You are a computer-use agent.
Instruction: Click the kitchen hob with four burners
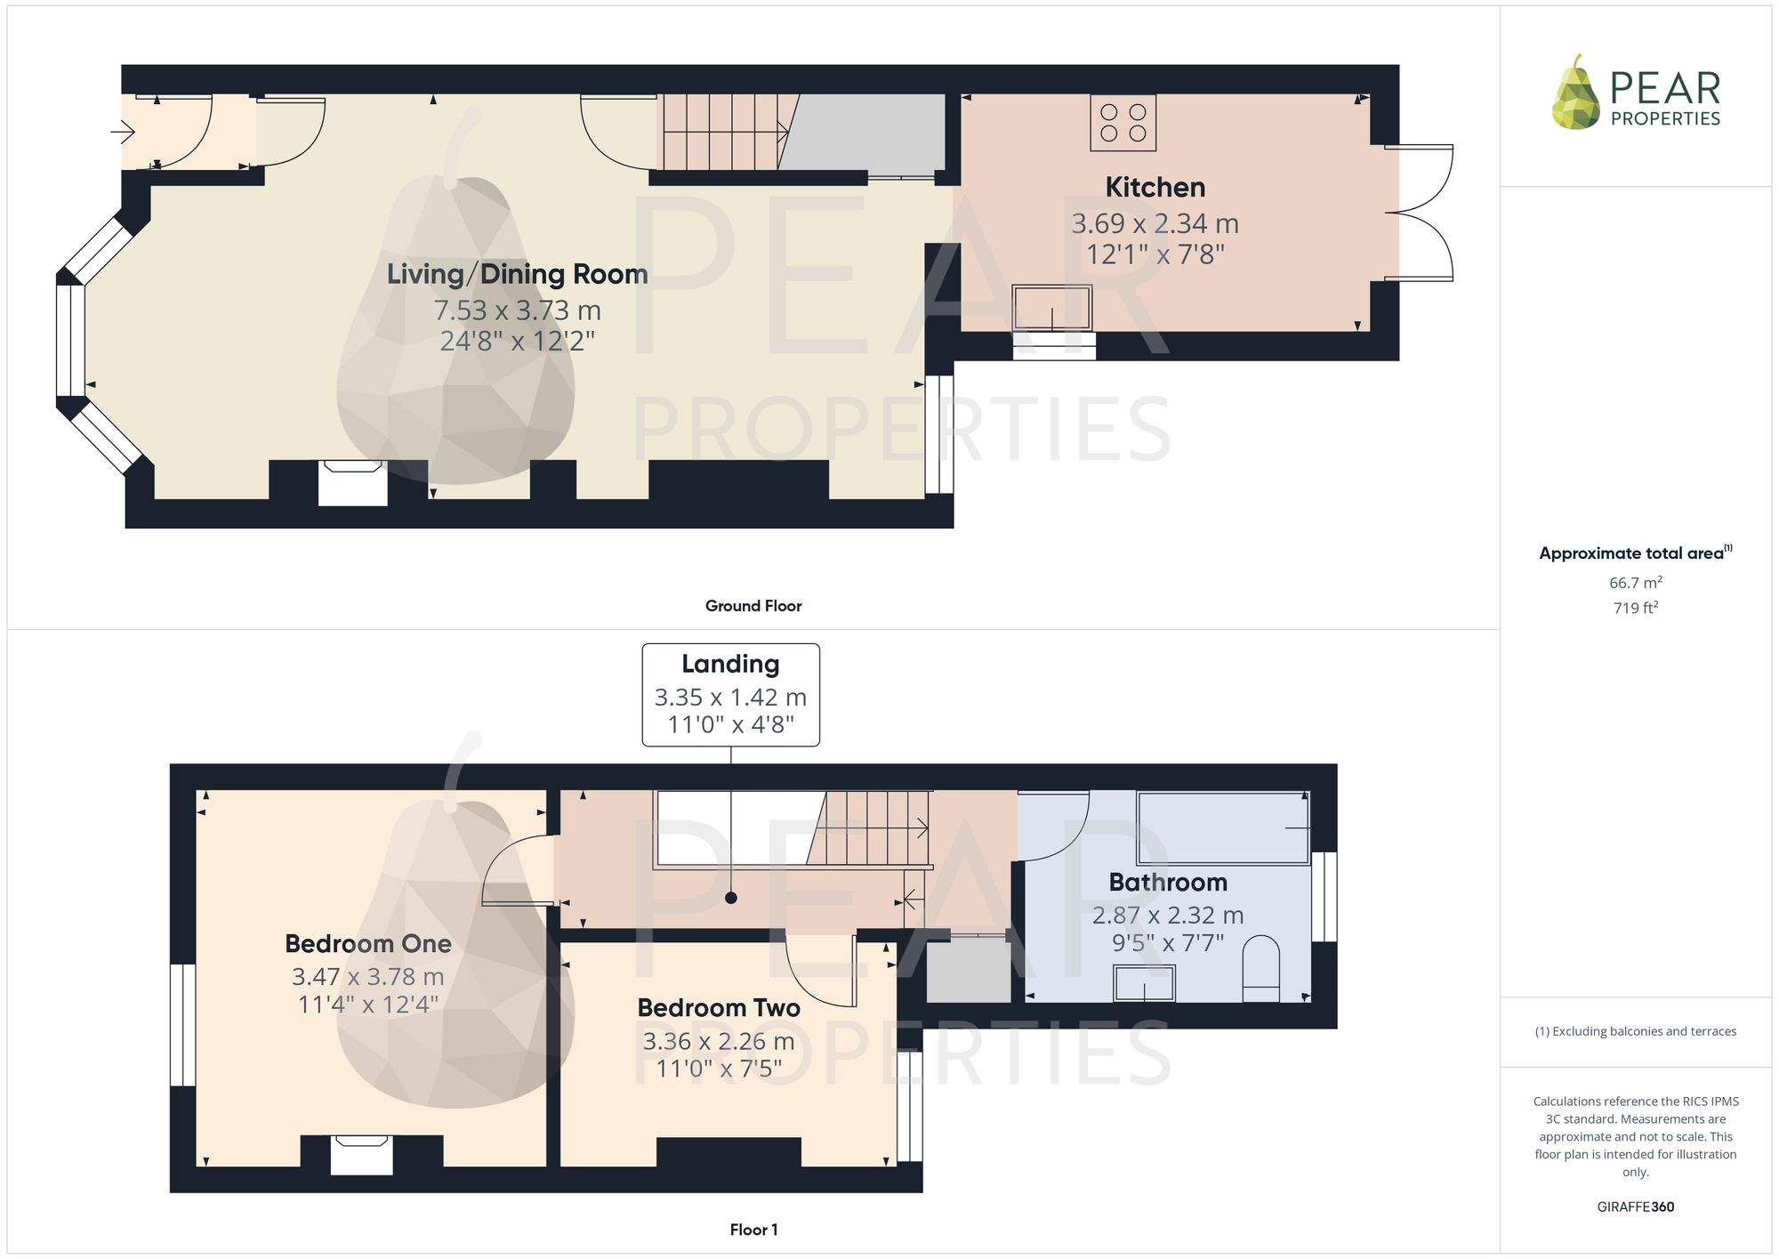point(1123,123)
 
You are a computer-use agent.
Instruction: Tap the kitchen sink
point(1051,308)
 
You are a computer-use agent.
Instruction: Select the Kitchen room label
point(1155,188)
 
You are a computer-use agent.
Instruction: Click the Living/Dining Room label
point(517,274)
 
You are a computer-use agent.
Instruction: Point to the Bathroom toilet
point(1260,968)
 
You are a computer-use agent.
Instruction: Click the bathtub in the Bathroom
point(1223,827)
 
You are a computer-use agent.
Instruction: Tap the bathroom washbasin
point(1144,983)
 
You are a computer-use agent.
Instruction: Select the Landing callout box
point(730,695)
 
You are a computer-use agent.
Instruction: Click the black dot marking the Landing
point(731,898)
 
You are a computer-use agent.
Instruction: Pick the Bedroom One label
point(368,943)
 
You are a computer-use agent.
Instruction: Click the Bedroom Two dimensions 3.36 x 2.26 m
point(719,1041)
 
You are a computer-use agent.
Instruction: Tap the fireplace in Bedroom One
point(361,1154)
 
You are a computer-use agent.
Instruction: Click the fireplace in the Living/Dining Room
point(352,482)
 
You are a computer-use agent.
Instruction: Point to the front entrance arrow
point(123,133)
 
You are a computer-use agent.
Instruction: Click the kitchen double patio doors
point(1420,214)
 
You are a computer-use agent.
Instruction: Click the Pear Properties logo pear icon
point(1576,94)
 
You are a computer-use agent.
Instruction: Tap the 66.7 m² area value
point(1635,583)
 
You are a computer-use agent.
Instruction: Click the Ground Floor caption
point(753,606)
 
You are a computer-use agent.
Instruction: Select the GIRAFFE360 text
point(1635,1207)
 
